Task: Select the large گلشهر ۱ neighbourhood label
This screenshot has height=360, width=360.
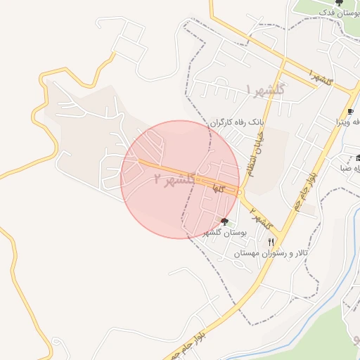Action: click(265, 89)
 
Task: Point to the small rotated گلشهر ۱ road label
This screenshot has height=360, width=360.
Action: click(320, 77)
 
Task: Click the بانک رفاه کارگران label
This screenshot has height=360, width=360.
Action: click(236, 122)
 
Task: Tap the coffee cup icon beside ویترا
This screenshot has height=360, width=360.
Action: click(350, 112)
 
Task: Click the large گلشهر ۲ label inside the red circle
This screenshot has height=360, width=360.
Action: click(174, 179)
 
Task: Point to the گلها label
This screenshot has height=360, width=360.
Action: click(219, 188)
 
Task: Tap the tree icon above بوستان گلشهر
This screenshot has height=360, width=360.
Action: click(224, 221)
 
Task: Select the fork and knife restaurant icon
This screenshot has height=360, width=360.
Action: click(271, 242)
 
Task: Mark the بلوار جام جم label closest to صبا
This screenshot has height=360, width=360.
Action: click(304, 189)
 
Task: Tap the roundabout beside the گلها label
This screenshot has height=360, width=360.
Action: click(239, 192)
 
